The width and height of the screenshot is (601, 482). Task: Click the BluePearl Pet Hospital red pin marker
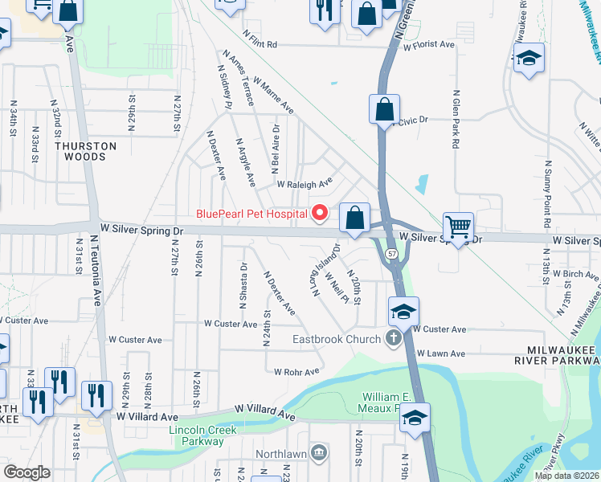click(320, 213)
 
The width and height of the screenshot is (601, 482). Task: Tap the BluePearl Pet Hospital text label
click(252, 214)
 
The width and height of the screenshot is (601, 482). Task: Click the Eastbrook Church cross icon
click(394, 338)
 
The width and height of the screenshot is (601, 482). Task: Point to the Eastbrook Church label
click(336, 339)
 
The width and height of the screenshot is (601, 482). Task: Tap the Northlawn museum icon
click(320, 452)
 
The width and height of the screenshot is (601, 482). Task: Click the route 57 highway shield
click(391, 253)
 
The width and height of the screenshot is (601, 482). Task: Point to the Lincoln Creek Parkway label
click(197, 435)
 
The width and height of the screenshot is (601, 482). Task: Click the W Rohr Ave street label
click(296, 372)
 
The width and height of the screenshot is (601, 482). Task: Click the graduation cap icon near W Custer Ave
click(404, 311)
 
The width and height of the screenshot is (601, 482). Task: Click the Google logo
click(27, 472)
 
